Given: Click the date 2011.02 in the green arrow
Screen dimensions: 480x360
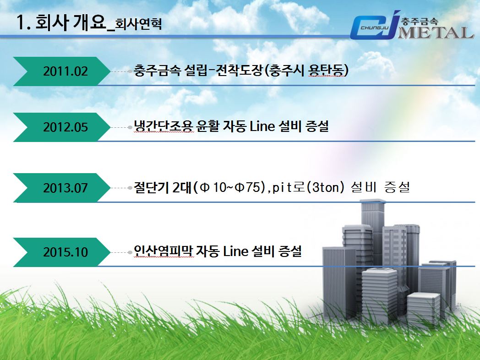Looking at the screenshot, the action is tap(65, 71).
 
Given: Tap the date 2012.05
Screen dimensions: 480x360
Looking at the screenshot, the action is tap(65, 127).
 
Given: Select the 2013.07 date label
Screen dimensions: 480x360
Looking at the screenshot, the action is tap(65, 188).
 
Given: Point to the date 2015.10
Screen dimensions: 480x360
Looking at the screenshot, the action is tap(65, 252).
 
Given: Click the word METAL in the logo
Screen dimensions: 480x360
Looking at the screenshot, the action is tap(436, 33).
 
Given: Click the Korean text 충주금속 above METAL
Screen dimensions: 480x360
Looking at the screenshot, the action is tap(420, 21).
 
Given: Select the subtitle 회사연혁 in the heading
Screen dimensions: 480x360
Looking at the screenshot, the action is tap(138, 23).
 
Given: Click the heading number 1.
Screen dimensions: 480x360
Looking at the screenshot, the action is tap(23, 22).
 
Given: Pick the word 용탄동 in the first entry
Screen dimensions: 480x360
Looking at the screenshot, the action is tap(326, 71).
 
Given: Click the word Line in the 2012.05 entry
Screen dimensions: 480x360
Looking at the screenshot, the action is tap(262, 126).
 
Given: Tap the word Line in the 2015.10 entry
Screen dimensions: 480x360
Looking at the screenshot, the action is tap(235, 251).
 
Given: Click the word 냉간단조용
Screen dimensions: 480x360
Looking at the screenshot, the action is tap(164, 126).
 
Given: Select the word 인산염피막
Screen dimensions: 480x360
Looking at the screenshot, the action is tap(164, 251).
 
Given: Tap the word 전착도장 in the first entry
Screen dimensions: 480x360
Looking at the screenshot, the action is tap(239, 71).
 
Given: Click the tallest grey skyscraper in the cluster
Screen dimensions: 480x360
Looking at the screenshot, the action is tap(372, 233).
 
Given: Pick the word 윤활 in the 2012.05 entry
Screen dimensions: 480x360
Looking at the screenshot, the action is tap(207, 126).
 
